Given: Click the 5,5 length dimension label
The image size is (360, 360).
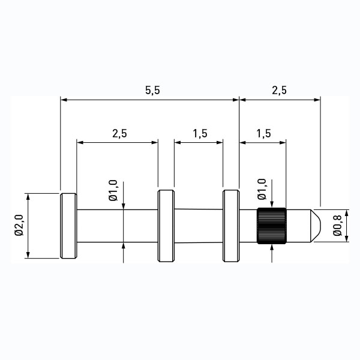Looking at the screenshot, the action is (152, 90).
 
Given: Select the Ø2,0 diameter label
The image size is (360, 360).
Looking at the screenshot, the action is (19, 225).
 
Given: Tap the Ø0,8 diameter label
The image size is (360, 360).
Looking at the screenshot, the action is (337, 226).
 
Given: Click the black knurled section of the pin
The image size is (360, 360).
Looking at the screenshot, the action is (271, 226).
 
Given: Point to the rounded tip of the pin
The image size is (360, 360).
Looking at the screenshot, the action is (316, 226).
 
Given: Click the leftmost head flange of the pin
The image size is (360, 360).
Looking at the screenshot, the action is (68, 226).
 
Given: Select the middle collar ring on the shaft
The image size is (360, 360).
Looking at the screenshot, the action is (166, 226).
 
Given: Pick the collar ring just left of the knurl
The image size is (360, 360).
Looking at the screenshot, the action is (231, 226).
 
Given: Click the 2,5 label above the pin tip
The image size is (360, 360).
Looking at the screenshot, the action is (280, 90).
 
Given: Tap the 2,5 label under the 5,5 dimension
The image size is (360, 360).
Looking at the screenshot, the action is (119, 133).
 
